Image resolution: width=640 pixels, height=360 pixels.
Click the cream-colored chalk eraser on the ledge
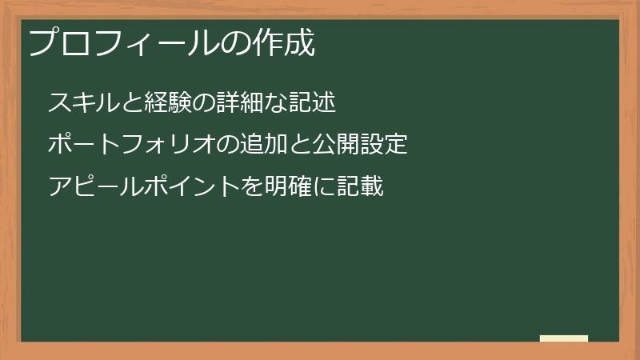pyautogui.click(x=563, y=338)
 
